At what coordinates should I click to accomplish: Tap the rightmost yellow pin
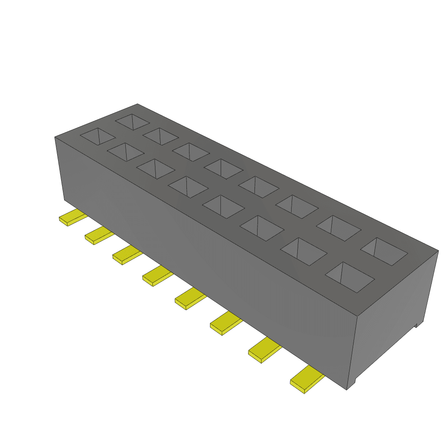pos(306,379)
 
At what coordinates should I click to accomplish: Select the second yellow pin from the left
pos(99,236)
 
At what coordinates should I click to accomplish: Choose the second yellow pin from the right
pos(265,350)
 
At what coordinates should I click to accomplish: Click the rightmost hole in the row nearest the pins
pos(350,277)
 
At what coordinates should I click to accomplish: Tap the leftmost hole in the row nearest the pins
pos(98,136)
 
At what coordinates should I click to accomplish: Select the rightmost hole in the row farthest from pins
pos(384,252)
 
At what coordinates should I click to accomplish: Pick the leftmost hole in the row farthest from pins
pos(132,122)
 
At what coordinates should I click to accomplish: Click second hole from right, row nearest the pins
pos(303,251)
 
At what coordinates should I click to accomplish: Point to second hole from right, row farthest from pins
pos(338,228)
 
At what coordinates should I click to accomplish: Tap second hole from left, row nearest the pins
pos(126,152)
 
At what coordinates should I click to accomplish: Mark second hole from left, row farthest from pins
pos(160,136)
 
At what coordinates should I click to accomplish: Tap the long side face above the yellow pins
pos(196,244)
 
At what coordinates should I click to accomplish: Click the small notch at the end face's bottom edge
pos(418,324)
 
